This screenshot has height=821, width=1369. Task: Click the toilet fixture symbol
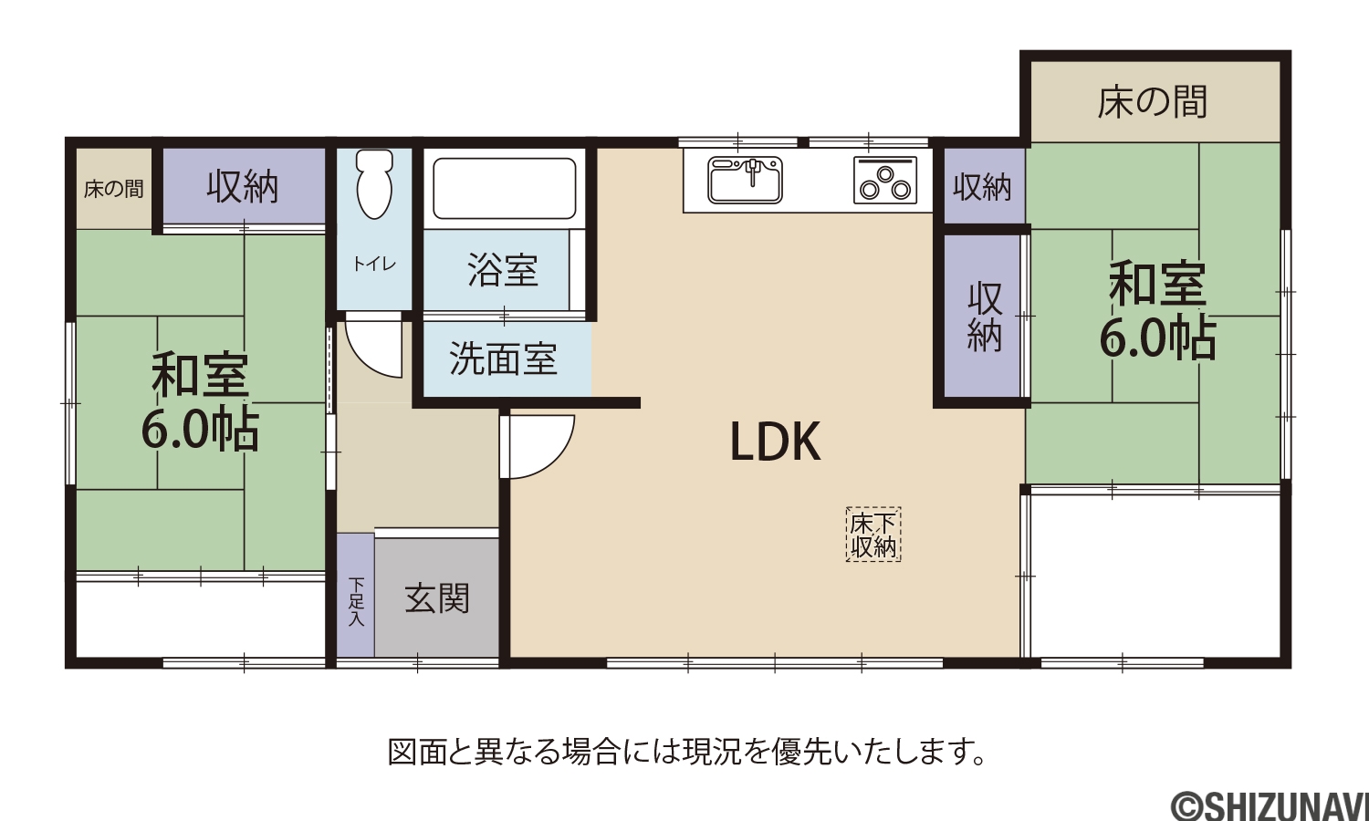pos(374,183)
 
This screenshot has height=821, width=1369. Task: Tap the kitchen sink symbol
pos(745,180)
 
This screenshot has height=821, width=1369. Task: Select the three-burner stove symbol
pos(885,180)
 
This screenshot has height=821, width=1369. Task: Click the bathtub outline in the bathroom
pos(504,188)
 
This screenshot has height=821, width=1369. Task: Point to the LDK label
pos(775,441)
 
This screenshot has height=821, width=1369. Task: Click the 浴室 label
pos(502,269)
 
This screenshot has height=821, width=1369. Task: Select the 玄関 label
pos(437,598)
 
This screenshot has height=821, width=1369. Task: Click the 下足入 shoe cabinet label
pos(356,602)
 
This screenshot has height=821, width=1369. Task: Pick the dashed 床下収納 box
pos(873,534)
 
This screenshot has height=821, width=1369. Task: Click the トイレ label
pos(374,264)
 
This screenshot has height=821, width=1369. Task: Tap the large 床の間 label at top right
pos(1152,102)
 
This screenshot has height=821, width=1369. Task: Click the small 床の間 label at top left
pos(114,189)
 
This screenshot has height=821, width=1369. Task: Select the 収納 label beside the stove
pos(982,187)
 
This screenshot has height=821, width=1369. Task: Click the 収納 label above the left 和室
pos(243,187)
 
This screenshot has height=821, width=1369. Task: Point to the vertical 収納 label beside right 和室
pos(985,316)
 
